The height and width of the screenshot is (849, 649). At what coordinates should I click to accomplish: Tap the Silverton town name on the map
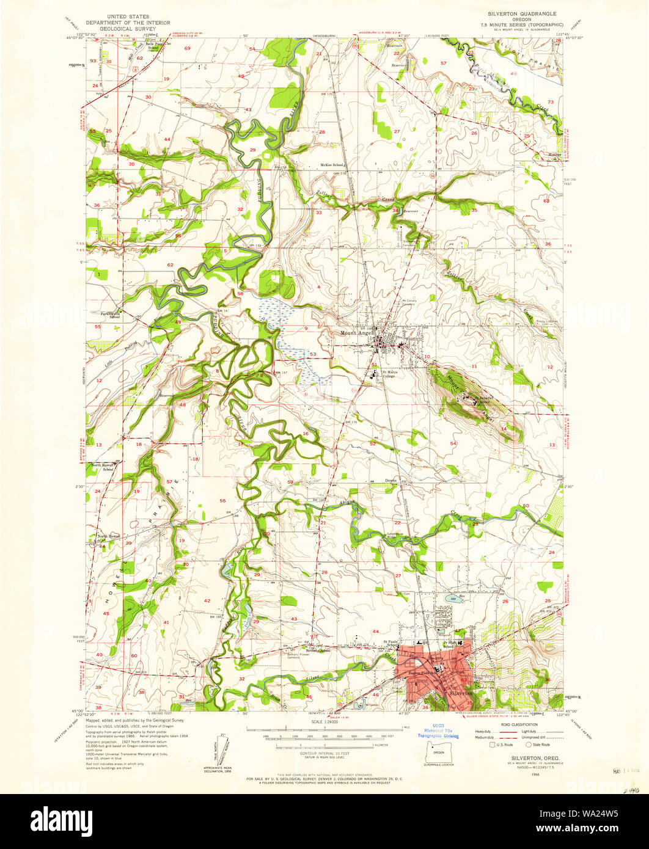459,694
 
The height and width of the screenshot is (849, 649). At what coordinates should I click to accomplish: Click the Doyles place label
391,480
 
